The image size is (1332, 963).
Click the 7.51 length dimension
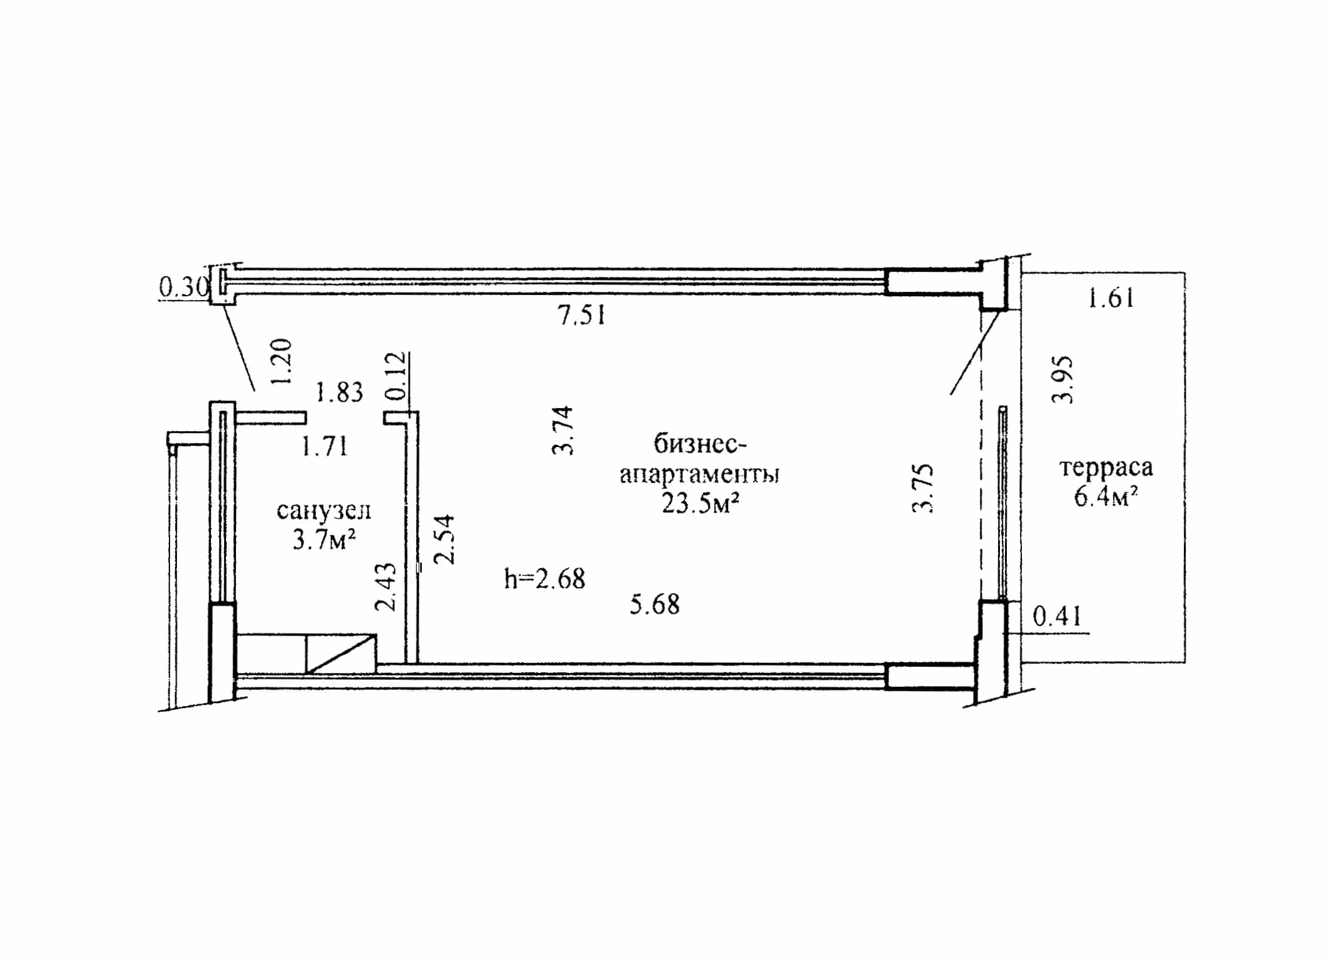(582, 315)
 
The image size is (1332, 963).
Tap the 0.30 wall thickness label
(184, 287)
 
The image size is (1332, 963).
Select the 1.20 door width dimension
(282, 362)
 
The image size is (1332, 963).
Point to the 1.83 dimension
(339, 392)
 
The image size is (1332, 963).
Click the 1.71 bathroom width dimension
(325, 446)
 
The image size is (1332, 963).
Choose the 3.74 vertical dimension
(562, 431)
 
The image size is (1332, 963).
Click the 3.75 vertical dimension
(923, 489)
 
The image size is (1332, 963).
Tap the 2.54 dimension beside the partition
(444, 540)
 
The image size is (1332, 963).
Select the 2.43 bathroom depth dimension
(385, 587)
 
